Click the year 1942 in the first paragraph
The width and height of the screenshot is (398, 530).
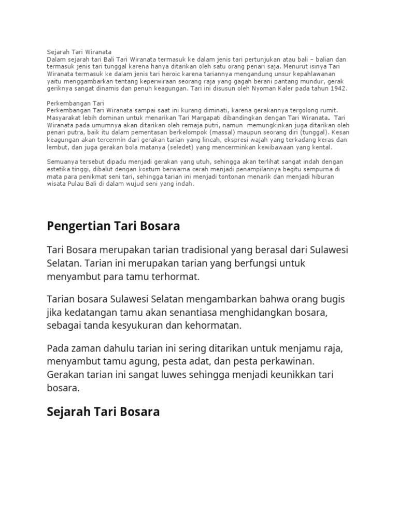click(338, 89)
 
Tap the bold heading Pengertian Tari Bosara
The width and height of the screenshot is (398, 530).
click(113, 226)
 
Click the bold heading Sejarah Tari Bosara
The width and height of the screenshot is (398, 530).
click(103, 412)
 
